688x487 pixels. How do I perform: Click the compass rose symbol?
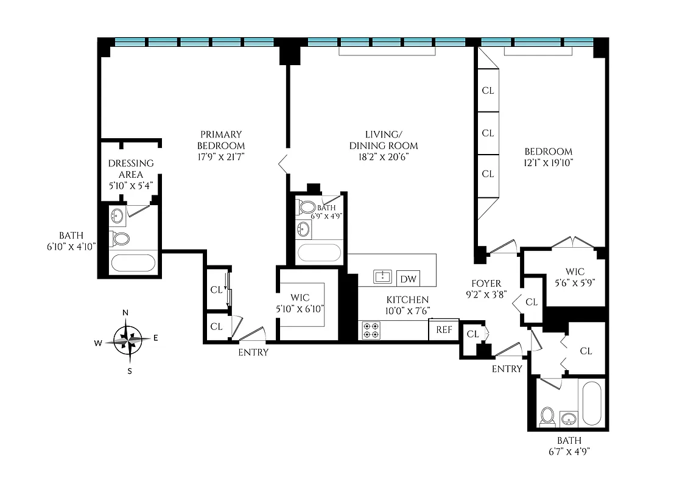coord(127,341)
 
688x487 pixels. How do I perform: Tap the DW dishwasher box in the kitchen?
coord(409,279)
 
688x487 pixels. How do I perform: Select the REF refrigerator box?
coord(444,330)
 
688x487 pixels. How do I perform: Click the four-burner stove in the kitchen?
coord(371,330)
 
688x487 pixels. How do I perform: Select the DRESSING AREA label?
coord(130,169)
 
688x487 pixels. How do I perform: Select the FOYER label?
coord(486,284)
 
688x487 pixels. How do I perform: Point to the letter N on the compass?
coord(125,313)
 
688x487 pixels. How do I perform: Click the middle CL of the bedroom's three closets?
coord(488,133)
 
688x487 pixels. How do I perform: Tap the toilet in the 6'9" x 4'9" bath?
coord(306,208)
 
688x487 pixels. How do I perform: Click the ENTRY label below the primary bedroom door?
coord(253,352)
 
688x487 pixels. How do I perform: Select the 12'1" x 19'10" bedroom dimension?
coord(549,163)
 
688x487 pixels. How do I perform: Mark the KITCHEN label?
coord(407,300)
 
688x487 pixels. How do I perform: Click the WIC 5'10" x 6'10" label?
coord(300,303)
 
